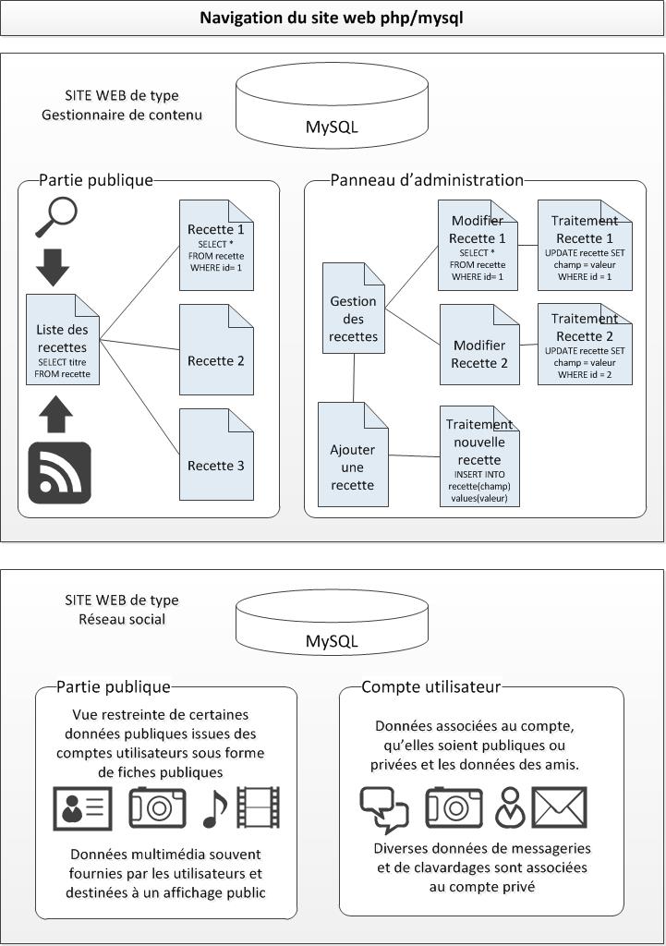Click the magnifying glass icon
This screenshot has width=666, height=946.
[56, 217]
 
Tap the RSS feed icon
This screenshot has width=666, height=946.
[60, 472]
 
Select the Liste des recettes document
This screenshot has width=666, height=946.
[63, 340]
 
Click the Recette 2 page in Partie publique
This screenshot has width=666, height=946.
[216, 350]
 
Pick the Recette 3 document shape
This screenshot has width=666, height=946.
[216, 455]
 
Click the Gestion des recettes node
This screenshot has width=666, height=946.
[354, 309]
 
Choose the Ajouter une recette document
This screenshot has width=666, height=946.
[353, 455]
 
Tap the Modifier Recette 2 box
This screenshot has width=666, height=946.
[479, 345]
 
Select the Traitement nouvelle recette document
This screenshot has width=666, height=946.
[479, 455]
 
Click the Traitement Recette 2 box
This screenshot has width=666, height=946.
[585, 344]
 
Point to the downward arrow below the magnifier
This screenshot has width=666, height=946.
[53, 267]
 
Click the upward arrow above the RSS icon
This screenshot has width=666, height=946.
[56, 414]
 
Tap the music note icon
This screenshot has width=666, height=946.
[214, 808]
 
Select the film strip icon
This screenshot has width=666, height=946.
[259, 807]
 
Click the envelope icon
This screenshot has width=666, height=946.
[559, 807]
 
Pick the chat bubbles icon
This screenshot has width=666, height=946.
[384, 810]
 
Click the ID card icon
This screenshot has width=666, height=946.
[82, 808]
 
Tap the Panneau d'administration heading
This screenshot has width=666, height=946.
[427, 180]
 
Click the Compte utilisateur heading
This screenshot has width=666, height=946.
[431, 686]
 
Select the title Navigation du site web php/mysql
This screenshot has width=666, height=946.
[332, 18]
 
